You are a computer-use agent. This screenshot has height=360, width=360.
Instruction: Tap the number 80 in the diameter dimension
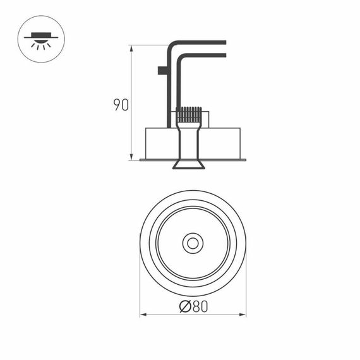coord(199,306)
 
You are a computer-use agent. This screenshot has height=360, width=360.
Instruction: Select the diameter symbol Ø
coord(185,306)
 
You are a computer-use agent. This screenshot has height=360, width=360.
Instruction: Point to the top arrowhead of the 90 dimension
coord(131,47)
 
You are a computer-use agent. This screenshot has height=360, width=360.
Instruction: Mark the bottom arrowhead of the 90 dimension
coord(131,157)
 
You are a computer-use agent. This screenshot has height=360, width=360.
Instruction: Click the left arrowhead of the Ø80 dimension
coord(142,314)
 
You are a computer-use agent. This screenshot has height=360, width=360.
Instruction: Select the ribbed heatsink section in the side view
coord(189,114)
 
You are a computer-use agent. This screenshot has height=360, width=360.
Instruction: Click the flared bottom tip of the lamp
coord(189,165)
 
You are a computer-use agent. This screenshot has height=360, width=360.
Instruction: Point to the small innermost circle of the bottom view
coord(192,243)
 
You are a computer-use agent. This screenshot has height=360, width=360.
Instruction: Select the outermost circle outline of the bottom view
coord(140,243)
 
